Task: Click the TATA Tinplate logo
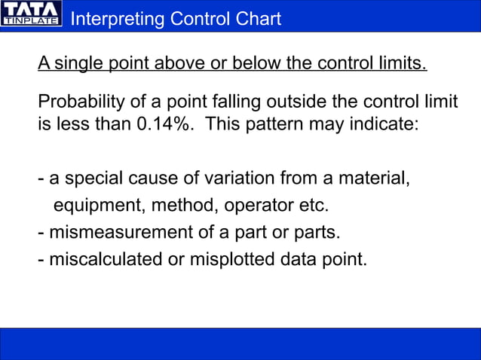[31, 15]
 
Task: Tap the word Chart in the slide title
[256, 19]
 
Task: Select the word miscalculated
[107, 260]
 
